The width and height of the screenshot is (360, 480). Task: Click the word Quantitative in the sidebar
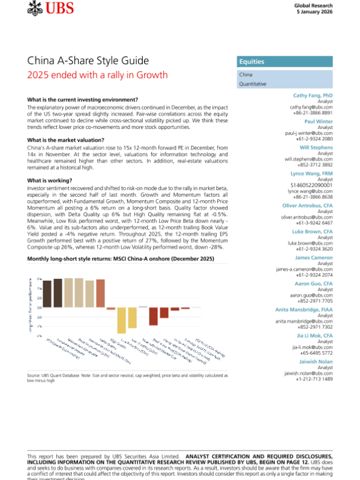click(x=253, y=85)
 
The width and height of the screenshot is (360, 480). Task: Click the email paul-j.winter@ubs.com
click(x=308, y=133)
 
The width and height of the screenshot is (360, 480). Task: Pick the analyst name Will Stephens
click(x=316, y=147)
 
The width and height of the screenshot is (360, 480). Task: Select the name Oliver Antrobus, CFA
click(x=307, y=205)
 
